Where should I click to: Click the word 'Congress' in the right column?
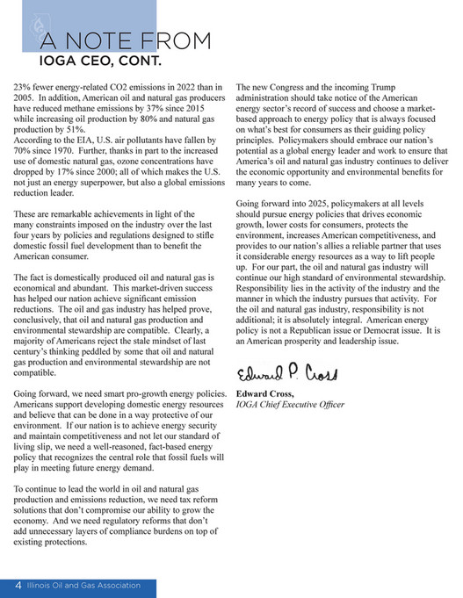point(290,88)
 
